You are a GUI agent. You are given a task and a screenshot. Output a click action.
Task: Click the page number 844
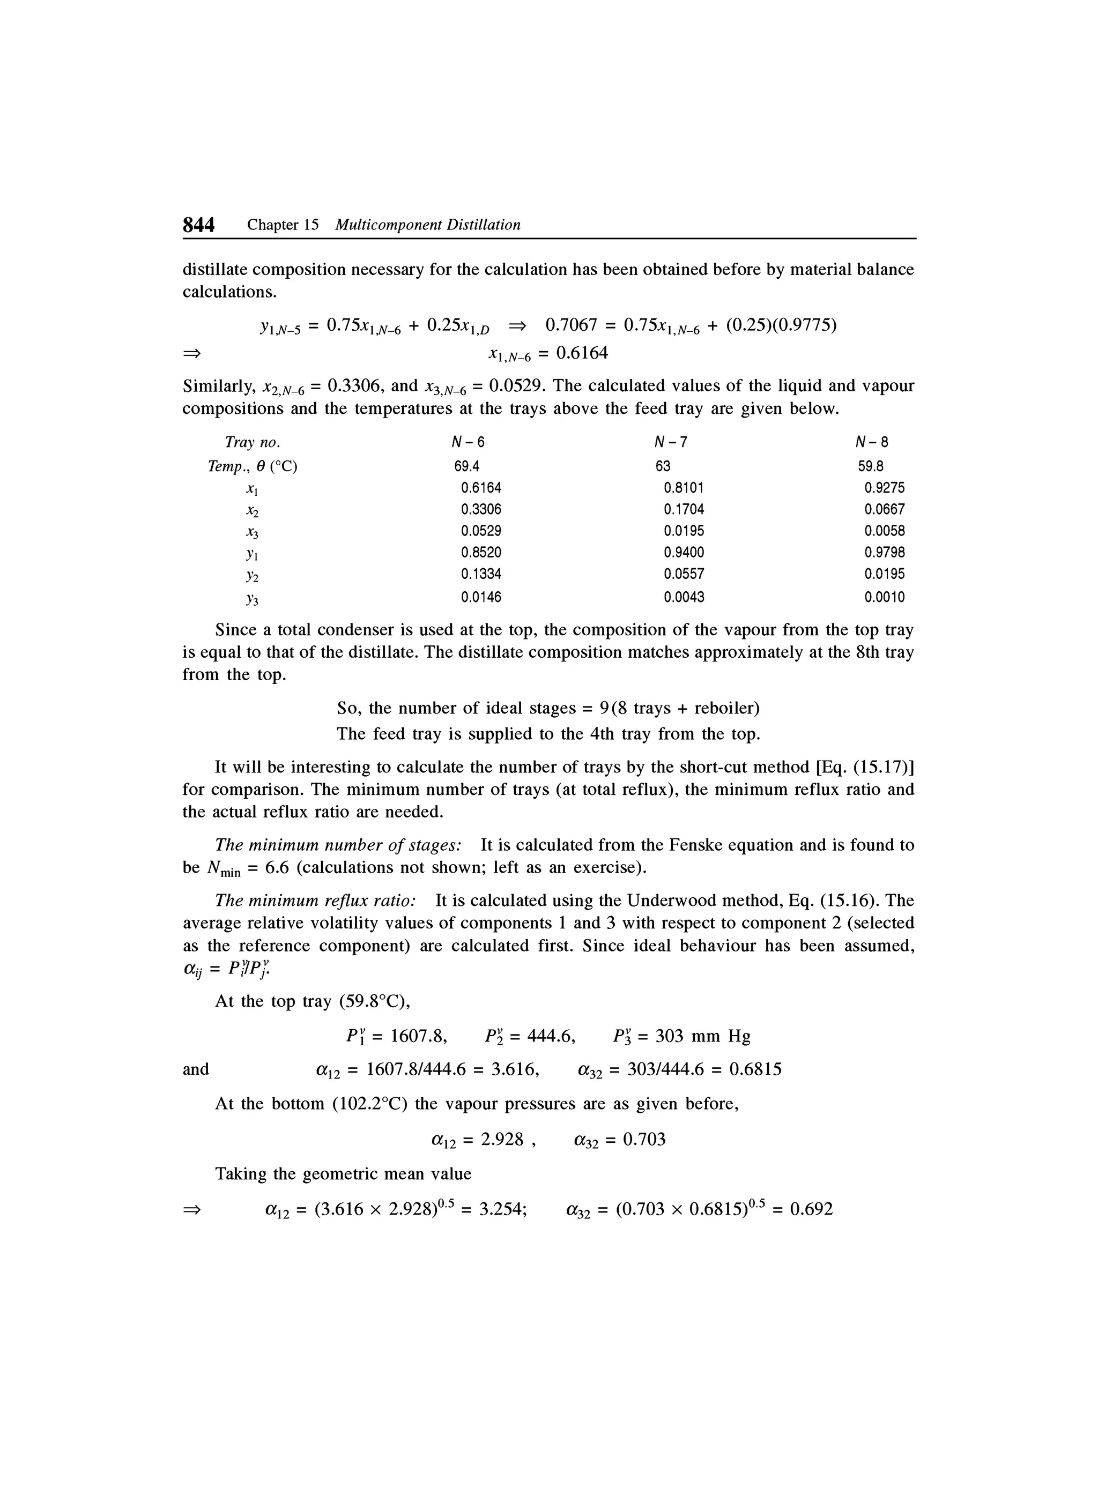(198, 226)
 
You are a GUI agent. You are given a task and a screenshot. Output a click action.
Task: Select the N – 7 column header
(671, 443)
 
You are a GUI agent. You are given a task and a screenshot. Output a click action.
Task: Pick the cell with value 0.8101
(684, 488)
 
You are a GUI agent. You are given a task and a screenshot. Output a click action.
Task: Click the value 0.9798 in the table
(884, 553)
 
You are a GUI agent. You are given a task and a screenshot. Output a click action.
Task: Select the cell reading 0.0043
(684, 598)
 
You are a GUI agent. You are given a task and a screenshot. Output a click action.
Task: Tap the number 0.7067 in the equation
(570, 325)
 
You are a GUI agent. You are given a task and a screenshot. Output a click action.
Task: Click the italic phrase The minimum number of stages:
(338, 845)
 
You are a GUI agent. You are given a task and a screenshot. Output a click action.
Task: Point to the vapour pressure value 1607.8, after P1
(418, 1037)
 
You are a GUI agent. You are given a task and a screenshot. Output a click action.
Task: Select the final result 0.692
(811, 1209)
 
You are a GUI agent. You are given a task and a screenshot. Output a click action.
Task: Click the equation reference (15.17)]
(884, 768)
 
